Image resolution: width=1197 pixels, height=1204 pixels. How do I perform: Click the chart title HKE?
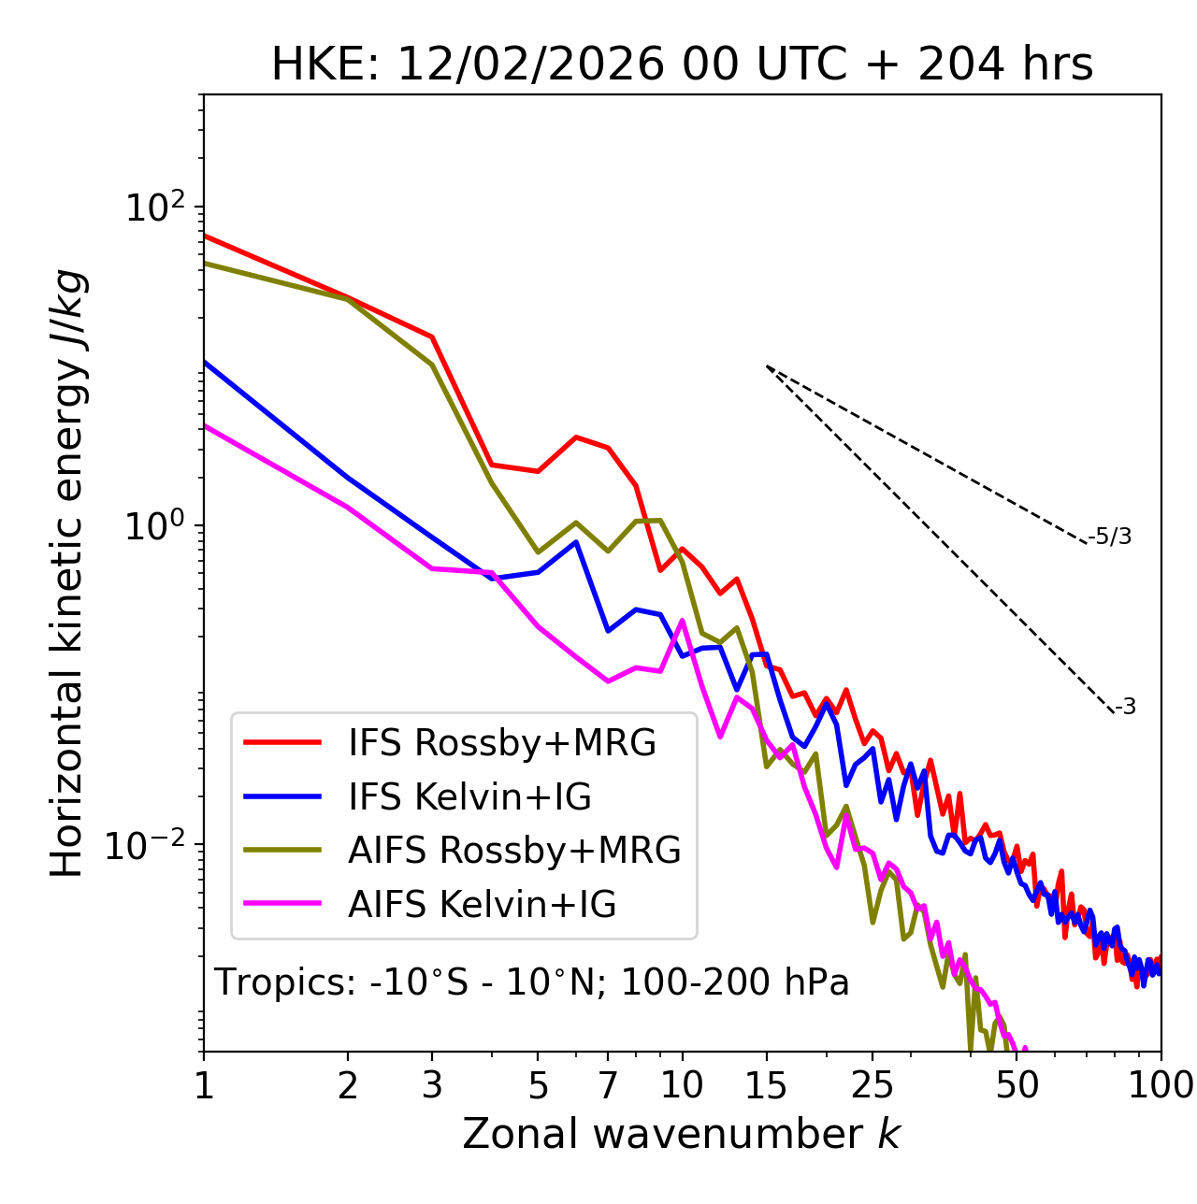tap(682, 65)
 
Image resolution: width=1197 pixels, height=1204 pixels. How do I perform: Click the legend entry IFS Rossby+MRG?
tap(501, 743)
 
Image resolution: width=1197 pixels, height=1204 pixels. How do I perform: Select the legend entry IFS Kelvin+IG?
tap(469, 797)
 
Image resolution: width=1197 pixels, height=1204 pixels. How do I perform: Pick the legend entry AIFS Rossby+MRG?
tap(513, 851)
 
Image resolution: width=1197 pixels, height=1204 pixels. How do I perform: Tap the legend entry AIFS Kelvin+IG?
tap(482, 905)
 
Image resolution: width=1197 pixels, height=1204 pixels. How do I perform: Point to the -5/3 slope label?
tap(1110, 537)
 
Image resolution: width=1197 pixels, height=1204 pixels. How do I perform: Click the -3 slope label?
tap(1125, 708)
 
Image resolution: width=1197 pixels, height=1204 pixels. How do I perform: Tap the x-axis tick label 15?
tap(766, 1085)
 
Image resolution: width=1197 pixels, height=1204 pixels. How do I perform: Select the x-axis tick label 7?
tap(608, 1085)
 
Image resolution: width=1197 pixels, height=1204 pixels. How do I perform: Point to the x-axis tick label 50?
tap(1017, 1085)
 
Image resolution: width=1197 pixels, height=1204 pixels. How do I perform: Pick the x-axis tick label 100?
tap(1161, 1085)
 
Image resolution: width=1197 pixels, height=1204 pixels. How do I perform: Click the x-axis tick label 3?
tap(432, 1085)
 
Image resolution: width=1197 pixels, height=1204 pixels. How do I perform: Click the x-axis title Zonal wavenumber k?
tap(682, 1134)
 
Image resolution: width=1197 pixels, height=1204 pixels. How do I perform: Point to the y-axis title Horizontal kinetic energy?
tap(69, 574)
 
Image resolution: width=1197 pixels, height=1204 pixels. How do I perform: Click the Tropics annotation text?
tap(532, 983)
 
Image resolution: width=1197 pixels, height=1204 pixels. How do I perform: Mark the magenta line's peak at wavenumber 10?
tap(682, 620)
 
